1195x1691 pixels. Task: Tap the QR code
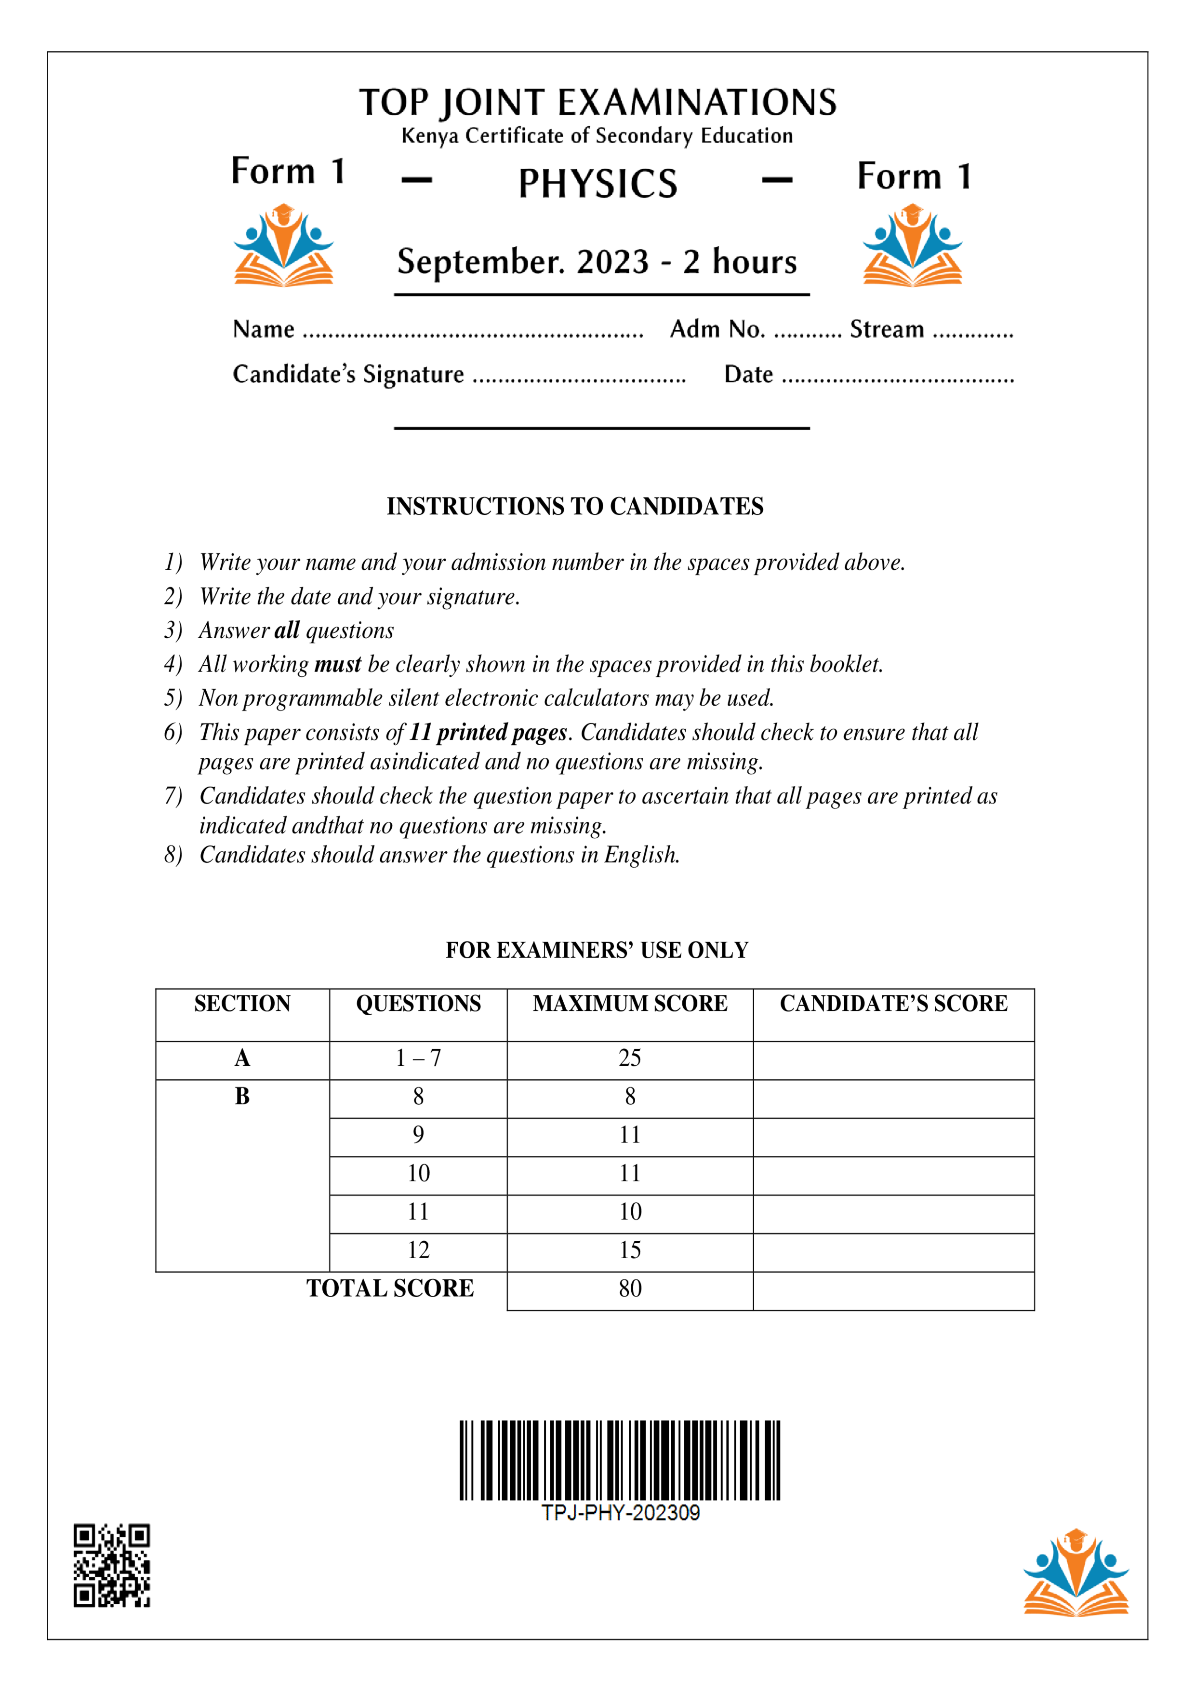point(112,1565)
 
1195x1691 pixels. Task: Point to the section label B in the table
point(242,1097)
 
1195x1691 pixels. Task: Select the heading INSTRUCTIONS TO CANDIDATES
point(575,507)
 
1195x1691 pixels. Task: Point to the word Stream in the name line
point(887,329)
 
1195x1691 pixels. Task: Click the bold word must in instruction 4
point(337,664)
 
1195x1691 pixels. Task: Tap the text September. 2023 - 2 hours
point(597,262)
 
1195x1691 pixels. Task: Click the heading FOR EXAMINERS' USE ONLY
point(597,950)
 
